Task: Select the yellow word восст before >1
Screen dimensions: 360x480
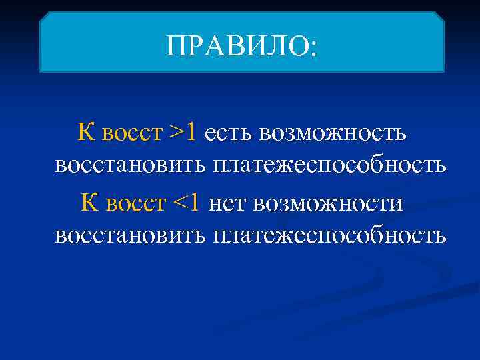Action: [131, 133]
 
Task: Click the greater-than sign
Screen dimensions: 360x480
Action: [177, 133]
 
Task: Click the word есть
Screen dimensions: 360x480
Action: [229, 133]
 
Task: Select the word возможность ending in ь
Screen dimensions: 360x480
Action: [333, 133]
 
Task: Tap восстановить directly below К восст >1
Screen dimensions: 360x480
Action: [131, 164]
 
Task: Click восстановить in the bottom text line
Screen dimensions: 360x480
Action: [131, 235]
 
